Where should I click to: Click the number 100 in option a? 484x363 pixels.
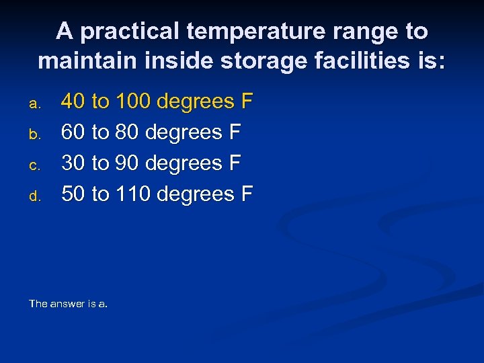pos(133,102)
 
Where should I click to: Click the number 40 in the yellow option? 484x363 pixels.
pos(73,102)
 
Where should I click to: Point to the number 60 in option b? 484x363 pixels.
pos(73,132)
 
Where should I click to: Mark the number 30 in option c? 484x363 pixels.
pos(73,163)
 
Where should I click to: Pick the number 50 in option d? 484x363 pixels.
pos(73,194)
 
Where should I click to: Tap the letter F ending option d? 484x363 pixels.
pos(247,194)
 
